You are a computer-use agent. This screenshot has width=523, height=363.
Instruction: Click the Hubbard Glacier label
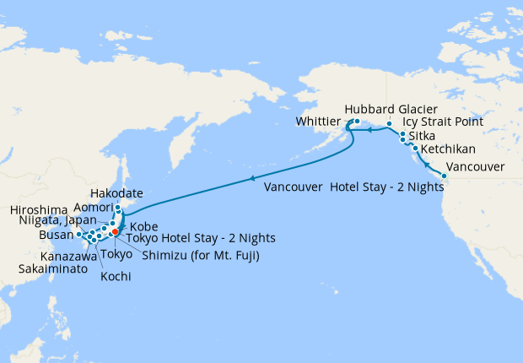click(x=386, y=109)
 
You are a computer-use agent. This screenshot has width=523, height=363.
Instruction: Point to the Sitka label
click(x=422, y=135)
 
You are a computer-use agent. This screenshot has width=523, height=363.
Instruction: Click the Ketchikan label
click(x=447, y=149)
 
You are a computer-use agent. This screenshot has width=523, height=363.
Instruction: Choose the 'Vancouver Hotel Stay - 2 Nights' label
click(x=353, y=187)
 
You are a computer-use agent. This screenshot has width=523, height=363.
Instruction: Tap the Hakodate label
click(x=116, y=193)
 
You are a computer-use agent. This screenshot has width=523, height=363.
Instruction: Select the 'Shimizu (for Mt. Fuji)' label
click(x=200, y=255)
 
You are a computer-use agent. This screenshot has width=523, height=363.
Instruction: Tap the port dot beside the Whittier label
click(x=357, y=122)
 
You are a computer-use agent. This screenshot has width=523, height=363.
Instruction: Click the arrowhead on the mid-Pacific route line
click(x=251, y=178)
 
